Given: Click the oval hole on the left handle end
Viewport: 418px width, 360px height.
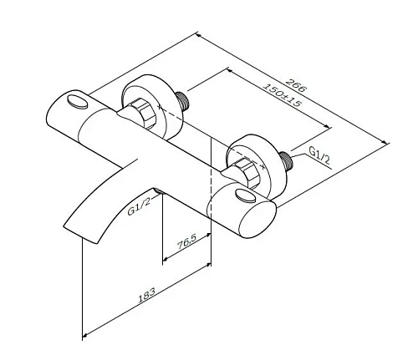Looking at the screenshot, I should click(x=78, y=103).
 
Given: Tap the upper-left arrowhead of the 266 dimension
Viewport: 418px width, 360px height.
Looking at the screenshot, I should click(x=199, y=34).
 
